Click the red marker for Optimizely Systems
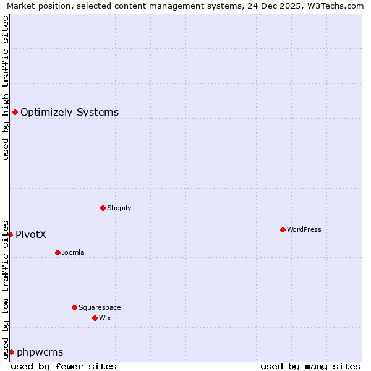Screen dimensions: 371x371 coord(15,112)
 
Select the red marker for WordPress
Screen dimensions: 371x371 coord(283,229)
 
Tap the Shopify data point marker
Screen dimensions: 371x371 coord(103,208)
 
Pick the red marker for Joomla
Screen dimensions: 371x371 coord(58,252)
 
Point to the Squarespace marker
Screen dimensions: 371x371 coord(74,307)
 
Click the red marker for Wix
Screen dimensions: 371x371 coord(95,318)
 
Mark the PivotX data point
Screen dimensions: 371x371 coord(11,234)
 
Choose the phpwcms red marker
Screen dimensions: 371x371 coord(11,352)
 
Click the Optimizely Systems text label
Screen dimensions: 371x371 coord(69,112)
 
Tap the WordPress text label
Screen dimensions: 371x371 coord(304,229)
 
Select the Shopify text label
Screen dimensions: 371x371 coord(119,208)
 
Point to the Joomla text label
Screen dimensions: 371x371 coord(73,252)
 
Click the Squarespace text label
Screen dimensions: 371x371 coord(100,307)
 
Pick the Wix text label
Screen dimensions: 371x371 coord(104,318)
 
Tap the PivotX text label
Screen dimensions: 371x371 coord(31,234)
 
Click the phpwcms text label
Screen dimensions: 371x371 coord(40,352)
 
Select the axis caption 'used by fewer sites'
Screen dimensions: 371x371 coord(64,366)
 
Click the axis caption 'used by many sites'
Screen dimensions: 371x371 coord(310,366)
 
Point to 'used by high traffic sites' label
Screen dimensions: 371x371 coord(6,88)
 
